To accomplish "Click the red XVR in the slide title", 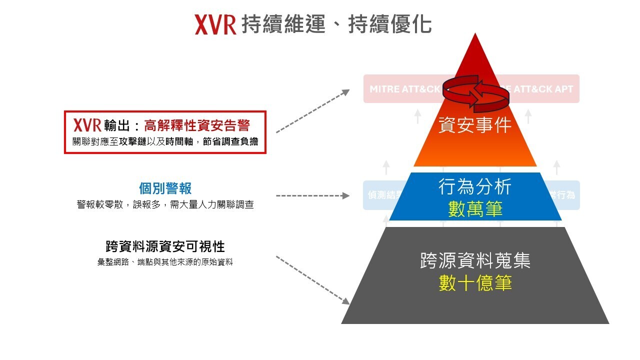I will pyautogui.click(x=215, y=24).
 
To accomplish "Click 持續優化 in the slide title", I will pyautogui.click(x=390, y=24).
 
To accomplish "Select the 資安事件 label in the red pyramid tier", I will pyautogui.click(x=475, y=125).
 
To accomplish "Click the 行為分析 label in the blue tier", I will pyautogui.click(x=475, y=187).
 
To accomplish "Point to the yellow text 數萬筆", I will pyautogui.click(x=475, y=209).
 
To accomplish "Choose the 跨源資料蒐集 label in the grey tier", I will pyautogui.click(x=475, y=261).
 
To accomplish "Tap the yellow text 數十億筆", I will pyautogui.click(x=475, y=283).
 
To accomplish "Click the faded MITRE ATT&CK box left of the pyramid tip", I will pyautogui.click(x=402, y=89).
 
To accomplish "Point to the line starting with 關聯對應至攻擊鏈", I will pyautogui.click(x=165, y=141).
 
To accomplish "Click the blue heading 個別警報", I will pyautogui.click(x=165, y=188).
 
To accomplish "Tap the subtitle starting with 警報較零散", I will pyautogui.click(x=165, y=204).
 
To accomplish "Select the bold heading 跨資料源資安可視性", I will pyautogui.click(x=165, y=246).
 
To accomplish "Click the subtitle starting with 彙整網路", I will pyautogui.click(x=165, y=262).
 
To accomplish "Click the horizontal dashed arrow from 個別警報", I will pyautogui.click(x=312, y=195).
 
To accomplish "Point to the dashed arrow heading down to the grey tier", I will pyautogui.click(x=312, y=280).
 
